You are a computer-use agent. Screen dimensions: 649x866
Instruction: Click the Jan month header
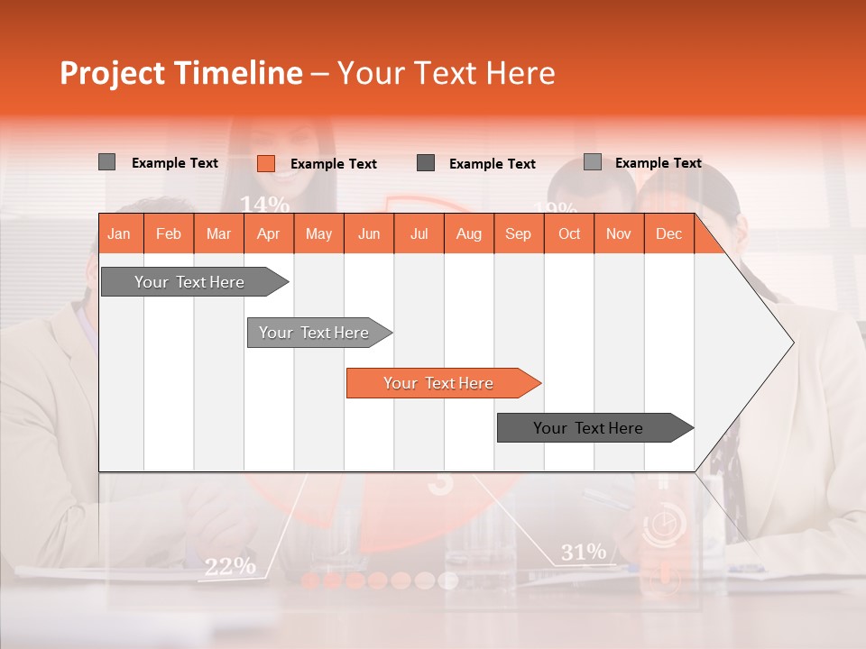pyautogui.click(x=119, y=233)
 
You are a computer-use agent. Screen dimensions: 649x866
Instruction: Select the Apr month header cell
pyautogui.click(x=268, y=233)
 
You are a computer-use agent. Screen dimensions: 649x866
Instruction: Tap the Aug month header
pyautogui.click(x=468, y=233)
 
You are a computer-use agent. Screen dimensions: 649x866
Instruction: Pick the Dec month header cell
pyautogui.click(x=668, y=233)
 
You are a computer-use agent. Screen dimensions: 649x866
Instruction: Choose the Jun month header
pyautogui.click(x=368, y=233)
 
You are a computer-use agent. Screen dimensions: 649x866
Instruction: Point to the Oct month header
pyautogui.click(x=568, y=233)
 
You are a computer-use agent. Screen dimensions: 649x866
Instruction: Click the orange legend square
pyautogui.click(x=265, y=163)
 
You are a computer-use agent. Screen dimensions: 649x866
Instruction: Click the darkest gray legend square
pyautogui.click(x=426, y=163)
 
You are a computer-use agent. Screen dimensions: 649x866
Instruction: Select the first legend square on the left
pyautogui.click(x=106, y=162)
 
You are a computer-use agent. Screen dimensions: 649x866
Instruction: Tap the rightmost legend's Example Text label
pyautogui.click(x=658, y=163)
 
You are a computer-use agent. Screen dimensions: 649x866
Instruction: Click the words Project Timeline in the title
pyautogui.click(x=180, y=73)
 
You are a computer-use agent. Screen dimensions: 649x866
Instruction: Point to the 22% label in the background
pyautogui.click(x=229, y=566)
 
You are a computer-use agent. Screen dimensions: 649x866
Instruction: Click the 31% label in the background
pyautogui.click(x=583, y=552)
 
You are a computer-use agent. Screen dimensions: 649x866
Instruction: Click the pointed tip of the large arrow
pyautogui.click(x=791, y=343)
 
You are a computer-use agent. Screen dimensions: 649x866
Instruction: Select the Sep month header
pyautogui.click(x=518, y=233)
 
